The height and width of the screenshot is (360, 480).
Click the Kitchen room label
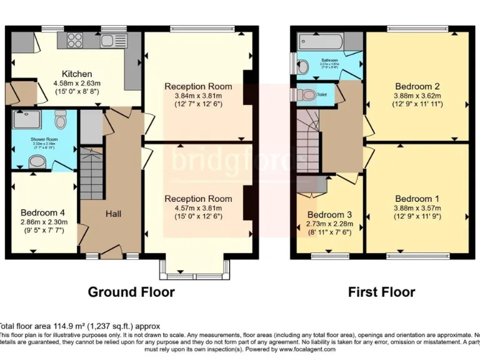[x=77, y=74]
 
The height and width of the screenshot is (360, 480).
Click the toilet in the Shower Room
[x=61, y=119]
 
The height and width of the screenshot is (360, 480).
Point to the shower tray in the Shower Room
[x=26, y=120]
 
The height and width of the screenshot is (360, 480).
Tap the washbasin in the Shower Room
[x=38, y=162]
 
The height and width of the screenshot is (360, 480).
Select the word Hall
[x=113, y=214]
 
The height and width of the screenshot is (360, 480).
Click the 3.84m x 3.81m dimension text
[x=198, y=96]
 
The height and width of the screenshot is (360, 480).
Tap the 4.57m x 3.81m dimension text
[x=198, y=207]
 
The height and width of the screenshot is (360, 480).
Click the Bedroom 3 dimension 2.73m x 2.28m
[x=329, y=224]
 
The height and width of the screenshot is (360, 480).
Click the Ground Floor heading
[x=131, y=292]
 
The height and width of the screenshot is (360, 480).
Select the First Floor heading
[x=381, y=292]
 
